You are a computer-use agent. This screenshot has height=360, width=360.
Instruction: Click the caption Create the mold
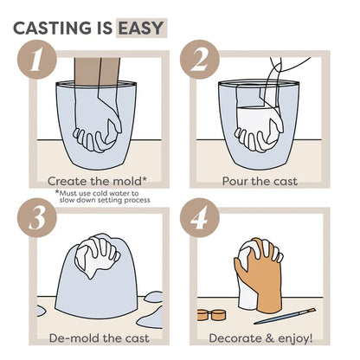(x=86, y=182)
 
